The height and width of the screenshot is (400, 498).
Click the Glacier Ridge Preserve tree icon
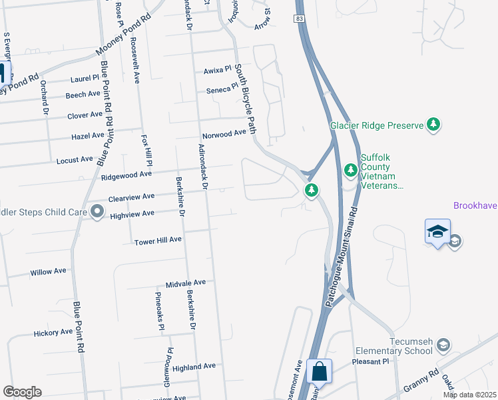[x=433, y=125]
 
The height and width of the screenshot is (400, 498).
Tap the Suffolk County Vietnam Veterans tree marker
[x=351, y=171]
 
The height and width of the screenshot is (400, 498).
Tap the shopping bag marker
[x=320, y=372]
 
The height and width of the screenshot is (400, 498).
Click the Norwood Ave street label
[x=224, y=133]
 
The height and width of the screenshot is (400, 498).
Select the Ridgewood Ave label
[x=127, y=175]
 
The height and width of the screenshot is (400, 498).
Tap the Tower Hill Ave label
[x=158, y=240]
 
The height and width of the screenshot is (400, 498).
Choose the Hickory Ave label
[x=53, y=331]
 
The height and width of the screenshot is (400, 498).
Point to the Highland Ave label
[x=194, y=367]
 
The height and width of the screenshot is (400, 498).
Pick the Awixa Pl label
[x=217, y=69]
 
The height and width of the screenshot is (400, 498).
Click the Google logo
[x=22, y=392]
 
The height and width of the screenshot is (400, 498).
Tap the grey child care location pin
[x=97, y=213]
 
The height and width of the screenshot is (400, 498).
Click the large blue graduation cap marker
[x=437, y=232]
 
